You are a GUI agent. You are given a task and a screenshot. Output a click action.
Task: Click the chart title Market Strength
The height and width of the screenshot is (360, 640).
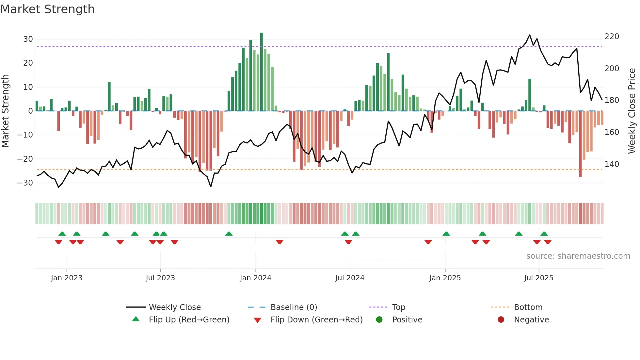click(x=47, y=9)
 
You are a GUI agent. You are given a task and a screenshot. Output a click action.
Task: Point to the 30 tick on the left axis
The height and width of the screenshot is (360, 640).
click(x=28, y=39)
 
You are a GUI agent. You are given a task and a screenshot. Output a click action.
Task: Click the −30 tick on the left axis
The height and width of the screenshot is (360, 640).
click(x=25, y=183)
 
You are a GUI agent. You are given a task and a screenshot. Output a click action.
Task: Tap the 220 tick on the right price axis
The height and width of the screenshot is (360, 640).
click(x=612, y=37)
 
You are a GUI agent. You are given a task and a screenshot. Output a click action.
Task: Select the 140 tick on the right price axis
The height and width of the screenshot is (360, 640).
click(x=612, y=164)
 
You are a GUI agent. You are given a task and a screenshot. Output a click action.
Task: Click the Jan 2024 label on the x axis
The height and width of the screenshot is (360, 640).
click(x=255, y=278)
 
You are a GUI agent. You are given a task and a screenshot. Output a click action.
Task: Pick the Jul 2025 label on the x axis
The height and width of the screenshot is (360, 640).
click(x=538, y=278)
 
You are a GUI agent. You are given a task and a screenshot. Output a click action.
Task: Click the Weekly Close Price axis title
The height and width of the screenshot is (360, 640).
click(x=632, y=111)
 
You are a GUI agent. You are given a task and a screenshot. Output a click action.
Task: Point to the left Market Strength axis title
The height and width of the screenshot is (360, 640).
click(x=6, y=111)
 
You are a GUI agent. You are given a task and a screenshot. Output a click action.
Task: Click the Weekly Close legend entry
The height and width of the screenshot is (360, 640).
click(x=175, y=307)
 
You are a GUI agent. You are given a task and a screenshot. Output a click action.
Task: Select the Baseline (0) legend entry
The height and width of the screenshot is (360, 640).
click(x=294, y=307)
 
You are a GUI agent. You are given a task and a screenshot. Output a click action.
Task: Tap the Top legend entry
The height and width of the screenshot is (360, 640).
click(x=398, y=307)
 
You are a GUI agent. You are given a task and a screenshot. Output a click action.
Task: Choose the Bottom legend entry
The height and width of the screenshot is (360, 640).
click(x=528, y=307)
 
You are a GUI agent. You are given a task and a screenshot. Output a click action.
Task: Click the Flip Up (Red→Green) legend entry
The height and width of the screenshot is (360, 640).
click(x=189, y=320)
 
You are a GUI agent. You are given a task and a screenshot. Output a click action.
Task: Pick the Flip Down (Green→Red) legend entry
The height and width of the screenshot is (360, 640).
click(x=316, y=320)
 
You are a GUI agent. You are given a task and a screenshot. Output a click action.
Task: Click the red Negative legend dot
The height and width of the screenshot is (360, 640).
click(x=501, y=320)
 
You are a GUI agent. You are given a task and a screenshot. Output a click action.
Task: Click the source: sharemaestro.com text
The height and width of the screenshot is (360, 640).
click(x=578, y=256)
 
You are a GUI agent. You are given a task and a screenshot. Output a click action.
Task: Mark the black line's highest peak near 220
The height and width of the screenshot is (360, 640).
click(x=530, y=35)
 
